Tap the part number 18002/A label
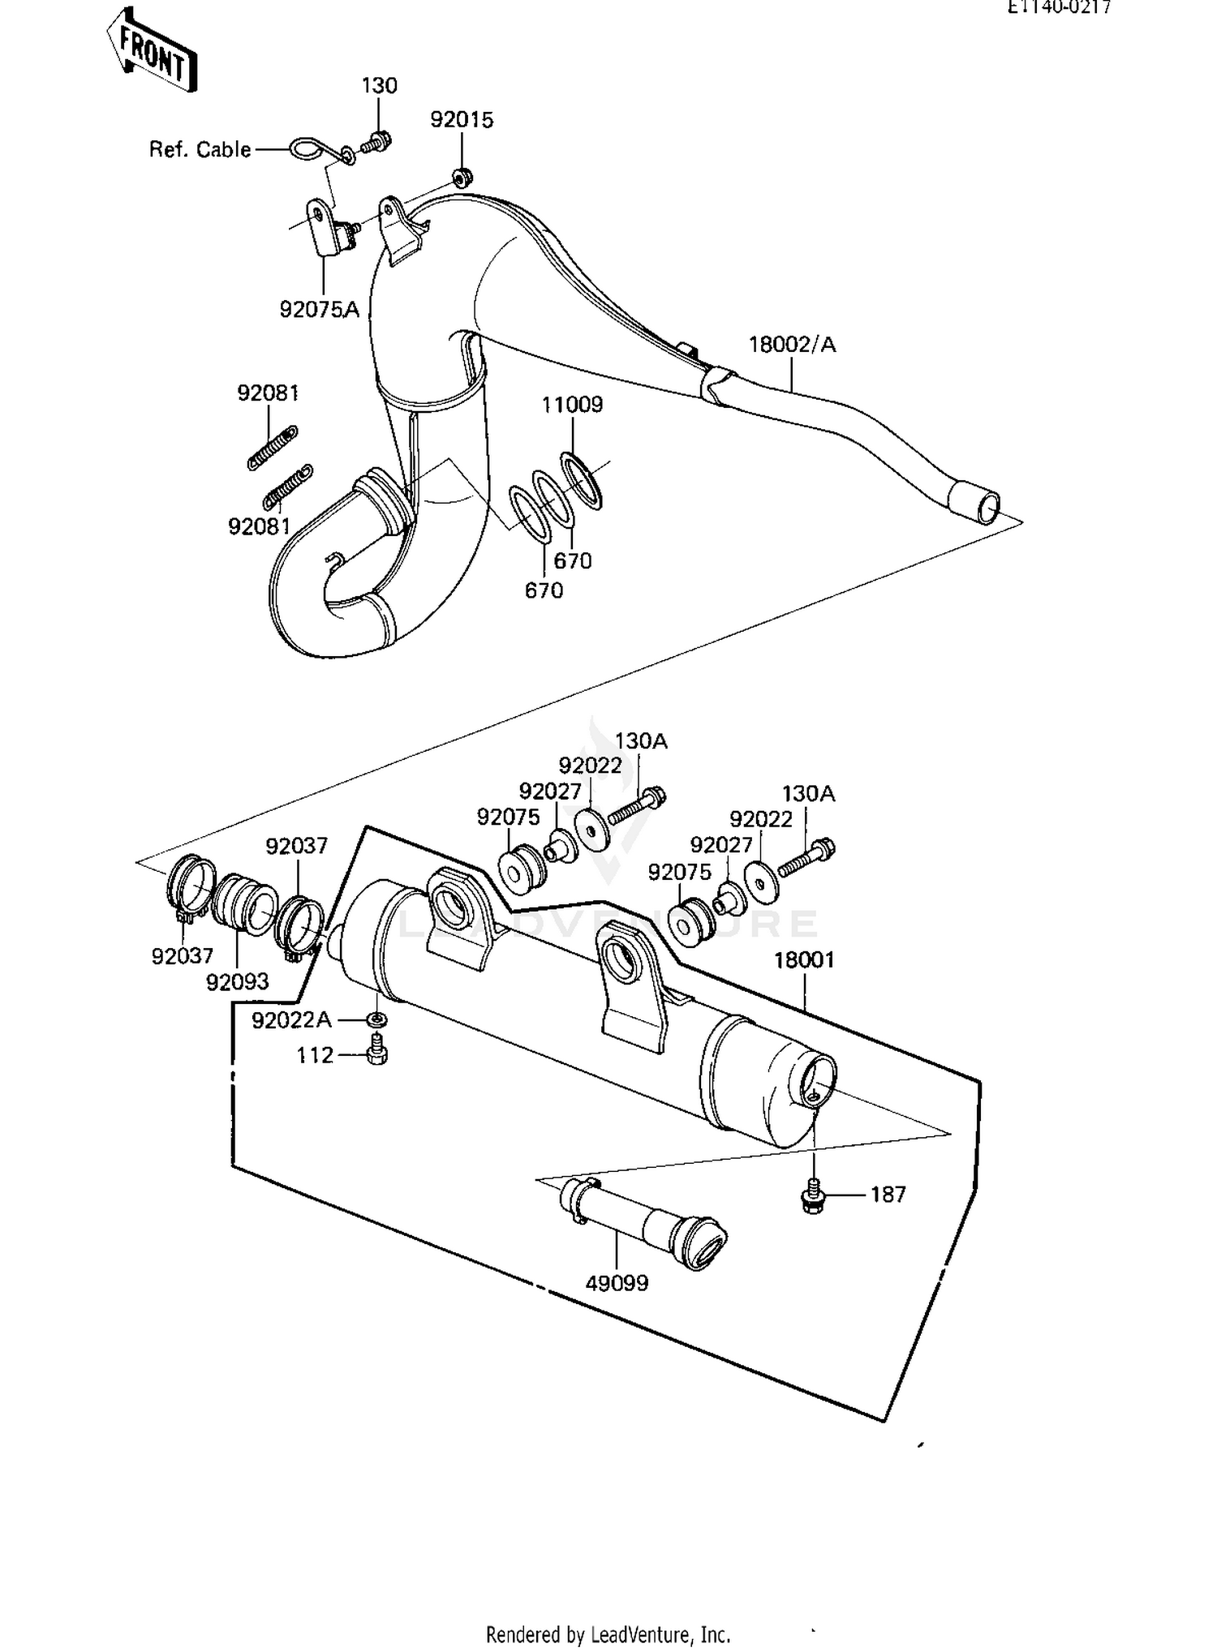[x=791, y=345]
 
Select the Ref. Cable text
[x=200, y=149]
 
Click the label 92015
[x=462, y=119]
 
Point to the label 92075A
[x=319, y=309]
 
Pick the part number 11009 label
[x=572, y=404]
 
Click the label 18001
[x=803, y=960]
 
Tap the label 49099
[x=617, y=1283]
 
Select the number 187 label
[x=888, y=1194]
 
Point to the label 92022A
[x=291, y=1019]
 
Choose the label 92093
[x=237, y=981]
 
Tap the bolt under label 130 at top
[x=376, y=143]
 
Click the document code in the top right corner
[x=1059, y=7]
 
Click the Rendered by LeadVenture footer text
[x=608, y=1633]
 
